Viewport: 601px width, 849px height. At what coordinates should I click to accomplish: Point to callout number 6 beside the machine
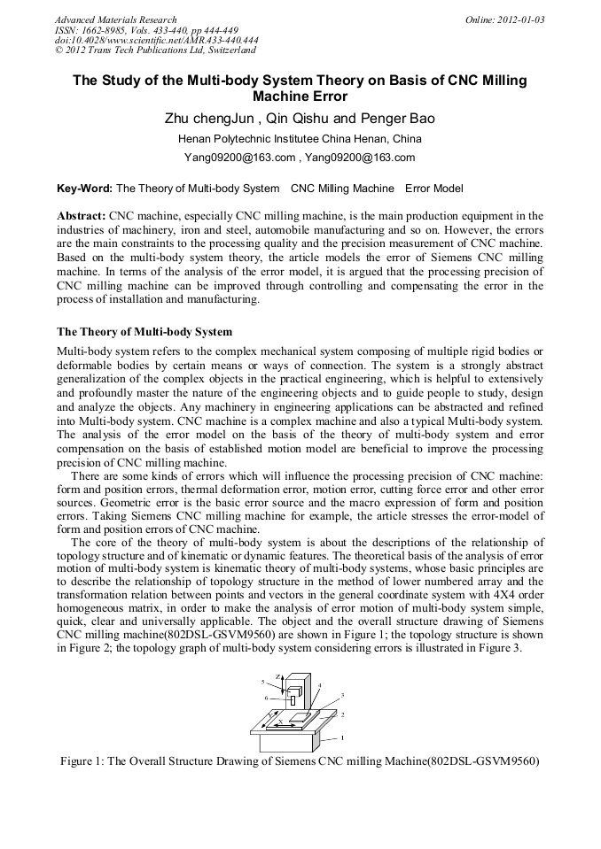265,698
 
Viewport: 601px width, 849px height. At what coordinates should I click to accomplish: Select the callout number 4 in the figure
319,686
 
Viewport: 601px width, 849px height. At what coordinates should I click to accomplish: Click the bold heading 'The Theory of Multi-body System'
144,332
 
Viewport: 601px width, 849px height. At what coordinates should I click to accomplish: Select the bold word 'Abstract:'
82,215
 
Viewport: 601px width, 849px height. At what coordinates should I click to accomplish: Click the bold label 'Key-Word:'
84,189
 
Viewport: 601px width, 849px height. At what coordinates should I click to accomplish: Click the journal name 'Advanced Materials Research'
115,19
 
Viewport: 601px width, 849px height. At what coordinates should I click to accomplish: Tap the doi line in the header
156,40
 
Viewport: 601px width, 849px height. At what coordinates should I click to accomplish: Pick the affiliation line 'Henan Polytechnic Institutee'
300,139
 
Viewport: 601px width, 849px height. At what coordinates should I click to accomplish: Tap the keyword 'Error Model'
433,189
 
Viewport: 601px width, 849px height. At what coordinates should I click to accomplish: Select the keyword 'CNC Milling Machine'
342,189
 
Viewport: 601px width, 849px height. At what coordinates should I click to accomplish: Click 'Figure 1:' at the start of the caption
82,761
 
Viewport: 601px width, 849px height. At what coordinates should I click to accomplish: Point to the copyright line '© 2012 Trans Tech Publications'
155,50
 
